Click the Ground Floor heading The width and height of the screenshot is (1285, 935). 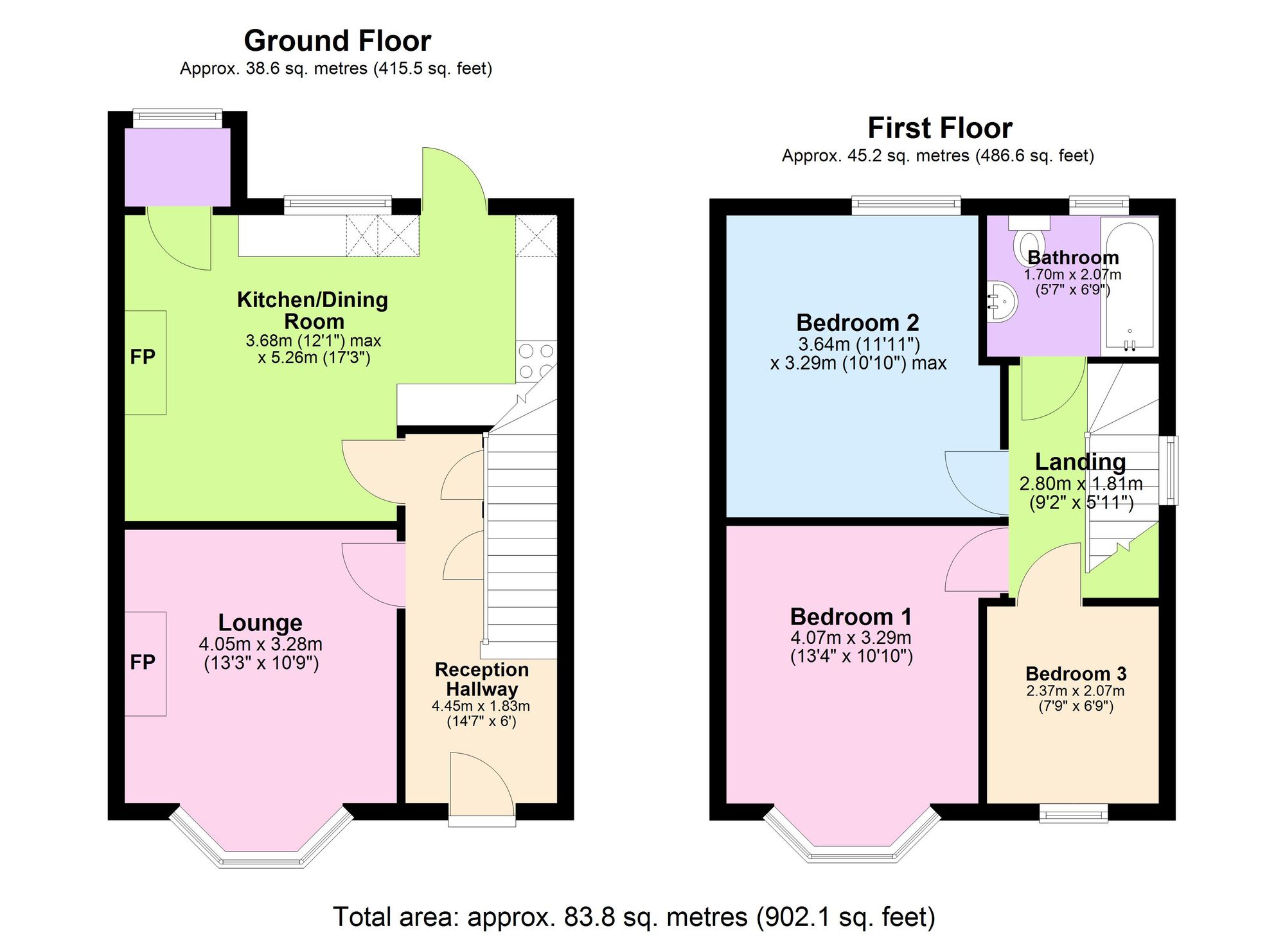click(x=337, y=41)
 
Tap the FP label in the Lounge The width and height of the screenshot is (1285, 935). click(x=143, y=662)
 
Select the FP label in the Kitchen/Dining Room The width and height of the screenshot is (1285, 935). click(x=143, y=357)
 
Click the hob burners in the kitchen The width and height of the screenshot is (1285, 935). click(x=536, y=361)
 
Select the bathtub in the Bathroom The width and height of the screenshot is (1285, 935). click(x=1129, y=286)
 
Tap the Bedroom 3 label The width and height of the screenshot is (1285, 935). click(x=1076, y=673)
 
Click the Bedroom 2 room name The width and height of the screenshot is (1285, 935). click(x=857, y=322)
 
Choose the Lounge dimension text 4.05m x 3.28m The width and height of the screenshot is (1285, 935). click(x=260, y=644)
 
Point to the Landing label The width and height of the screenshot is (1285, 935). click(x=1080, y=461)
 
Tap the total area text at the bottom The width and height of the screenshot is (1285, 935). click(x=634, y=916)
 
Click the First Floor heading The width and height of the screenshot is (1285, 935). click(x=939, y=128)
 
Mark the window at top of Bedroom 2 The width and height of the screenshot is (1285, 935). click(x=906, y=205)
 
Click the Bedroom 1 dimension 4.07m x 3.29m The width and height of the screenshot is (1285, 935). click(x=851, y=637)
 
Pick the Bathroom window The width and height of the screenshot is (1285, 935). click(x=1099, y=205)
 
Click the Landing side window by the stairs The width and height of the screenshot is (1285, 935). click(x=1172, y=470)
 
